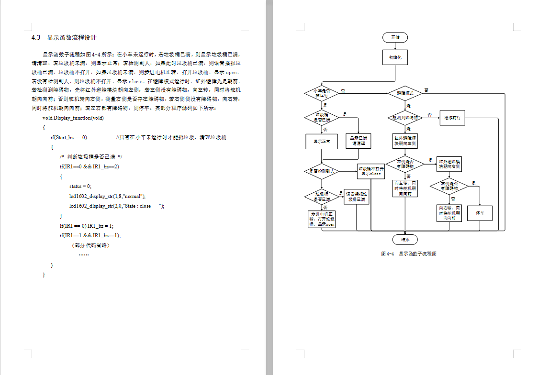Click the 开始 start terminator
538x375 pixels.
pyautogui.click(x=395, y=37)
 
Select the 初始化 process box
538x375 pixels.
pyautogui.click(x=395, y=57)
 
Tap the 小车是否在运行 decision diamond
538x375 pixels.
pyautogui.click(x=322, y=93)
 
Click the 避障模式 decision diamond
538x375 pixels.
pyautogui.click(x=405, y=93)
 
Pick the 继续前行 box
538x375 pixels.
pyautogui.click(x=452, y=118)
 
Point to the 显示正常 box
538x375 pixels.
pyautogui.click(x=322, y=141)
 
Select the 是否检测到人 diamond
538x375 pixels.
pyautogui.click(x=322, y=171)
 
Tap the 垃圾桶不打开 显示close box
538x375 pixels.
pyautogui.click(x=371, y=171)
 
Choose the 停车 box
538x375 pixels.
pyautogui.click(x=480, y=213)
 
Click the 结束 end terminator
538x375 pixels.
pyautogui.click(x=405, y=239)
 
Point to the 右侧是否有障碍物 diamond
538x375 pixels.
pyautogui.click(x=449, y=186)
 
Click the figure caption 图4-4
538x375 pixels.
pyautogui.click(x=408, y=254)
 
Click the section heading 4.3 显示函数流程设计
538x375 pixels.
pyautogui.click(x=64, y=38)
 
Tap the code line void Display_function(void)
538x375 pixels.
pyautogui.click(x=73, y=118)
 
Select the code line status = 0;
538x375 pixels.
pyautogui.click(x=80, y=186)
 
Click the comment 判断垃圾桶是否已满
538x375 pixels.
pyautogui.click(x=91, y=157)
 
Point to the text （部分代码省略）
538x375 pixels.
pyautogui.click(x=90, y=245)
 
